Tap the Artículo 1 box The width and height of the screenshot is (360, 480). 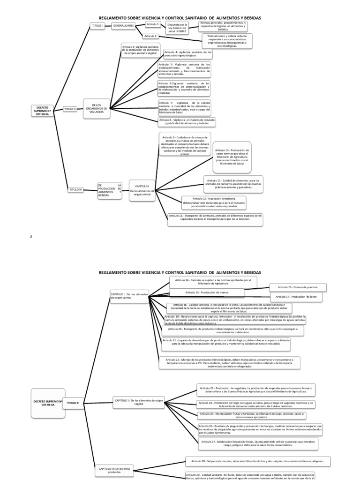[x=153, y=23]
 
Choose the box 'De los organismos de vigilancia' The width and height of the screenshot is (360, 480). [x=97, y=108]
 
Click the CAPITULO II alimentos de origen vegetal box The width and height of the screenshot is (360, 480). [x=139, y=402]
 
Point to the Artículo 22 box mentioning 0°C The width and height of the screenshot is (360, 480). [x=230, y=362]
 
